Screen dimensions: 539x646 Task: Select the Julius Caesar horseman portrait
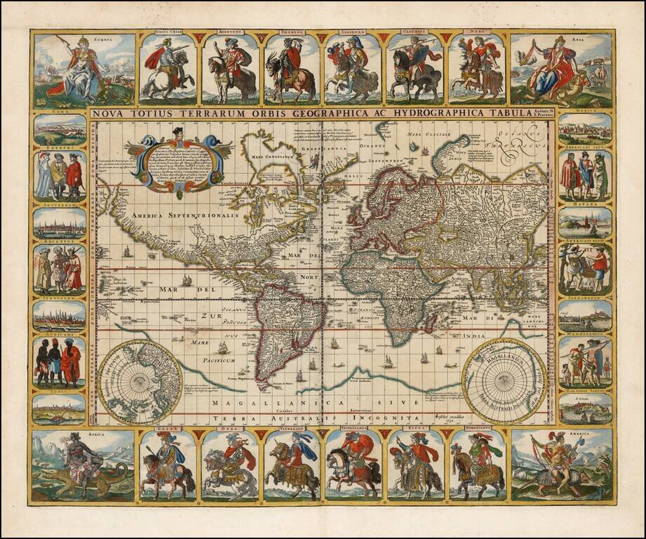click(x=168, y=69)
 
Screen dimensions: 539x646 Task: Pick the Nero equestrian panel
click(x=476, y=69)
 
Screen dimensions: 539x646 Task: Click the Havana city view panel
click(x=585, y=222)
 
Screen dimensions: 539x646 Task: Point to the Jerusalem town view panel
click(x=60, y=316)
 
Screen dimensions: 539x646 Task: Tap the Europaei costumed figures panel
click(x=60, y=176)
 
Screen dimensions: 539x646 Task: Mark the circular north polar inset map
click(x=140, y=382)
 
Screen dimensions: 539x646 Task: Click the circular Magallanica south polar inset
click(x=504, y=381)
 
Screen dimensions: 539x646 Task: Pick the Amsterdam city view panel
click(x=60, y=223)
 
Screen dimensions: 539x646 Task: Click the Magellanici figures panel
click(x=585, y=362)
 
